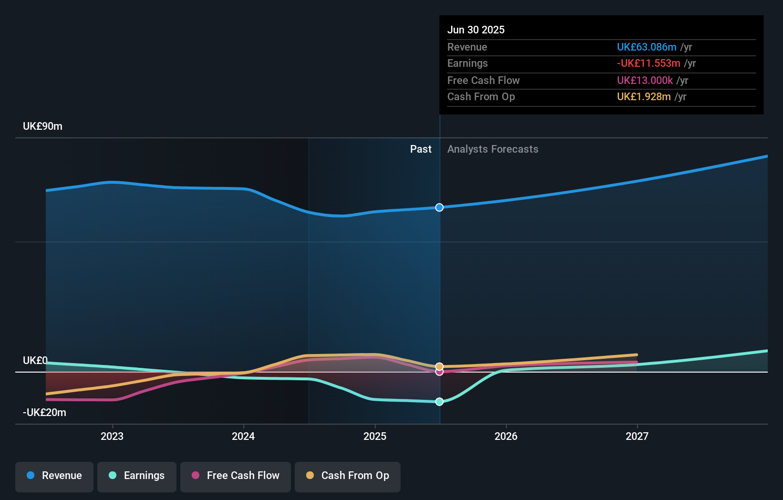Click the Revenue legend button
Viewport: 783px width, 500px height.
click(x=54, y=476)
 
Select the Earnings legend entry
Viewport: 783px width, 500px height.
click(x=137, y=476)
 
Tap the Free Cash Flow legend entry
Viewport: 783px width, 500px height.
click(x=236, y=476)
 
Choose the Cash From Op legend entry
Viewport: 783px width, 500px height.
click(x=348, y=476)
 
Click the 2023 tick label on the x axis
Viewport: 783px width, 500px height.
click(x=112, y=436)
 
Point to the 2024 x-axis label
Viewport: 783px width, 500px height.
click(x=243, y=436)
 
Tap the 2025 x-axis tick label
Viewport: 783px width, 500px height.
click(x=375, y=436)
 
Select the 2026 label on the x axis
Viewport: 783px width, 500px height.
click(x=506, y=436)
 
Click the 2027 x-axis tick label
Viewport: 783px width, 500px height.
click(x=637, y=436)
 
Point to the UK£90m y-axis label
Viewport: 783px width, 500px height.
click(x=42, y=126)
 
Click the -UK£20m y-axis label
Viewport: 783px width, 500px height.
click(x=44, y=413)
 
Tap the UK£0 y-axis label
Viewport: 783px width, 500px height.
click(x=35, y=361)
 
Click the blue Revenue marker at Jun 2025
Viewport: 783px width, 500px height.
click(x=440, y=208)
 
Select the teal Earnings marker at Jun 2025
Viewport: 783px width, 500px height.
click(x=440, y=402)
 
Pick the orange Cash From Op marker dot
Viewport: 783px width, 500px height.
click(x=440, y=366)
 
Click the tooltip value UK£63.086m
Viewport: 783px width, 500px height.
click(x=646, y=47)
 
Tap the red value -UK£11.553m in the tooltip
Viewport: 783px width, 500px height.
click(x=648, y=63)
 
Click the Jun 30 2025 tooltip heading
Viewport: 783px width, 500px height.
click(x=475, y=30)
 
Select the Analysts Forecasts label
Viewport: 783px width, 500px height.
click(x=493, y=149)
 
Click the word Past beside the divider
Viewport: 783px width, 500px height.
click(x=421, y=149)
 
